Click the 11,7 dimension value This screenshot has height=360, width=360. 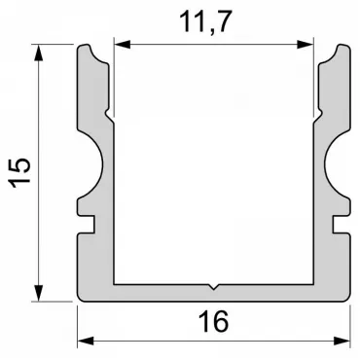tap(205, 22)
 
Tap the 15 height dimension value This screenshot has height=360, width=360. tap(19, 173)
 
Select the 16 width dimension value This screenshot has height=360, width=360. tap(213, 321)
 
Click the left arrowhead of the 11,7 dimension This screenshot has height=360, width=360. tap(123, 45)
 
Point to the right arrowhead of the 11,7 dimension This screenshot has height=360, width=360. tap(306, 45)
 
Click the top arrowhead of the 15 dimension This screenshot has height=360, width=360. tap(39, 53)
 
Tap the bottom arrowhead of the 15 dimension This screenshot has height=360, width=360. tap(39, 293)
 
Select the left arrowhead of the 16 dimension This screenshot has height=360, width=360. tap(86, 341)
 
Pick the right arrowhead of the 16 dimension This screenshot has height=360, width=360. tap(342, 341)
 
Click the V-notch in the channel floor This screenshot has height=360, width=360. tap(213, 287)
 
